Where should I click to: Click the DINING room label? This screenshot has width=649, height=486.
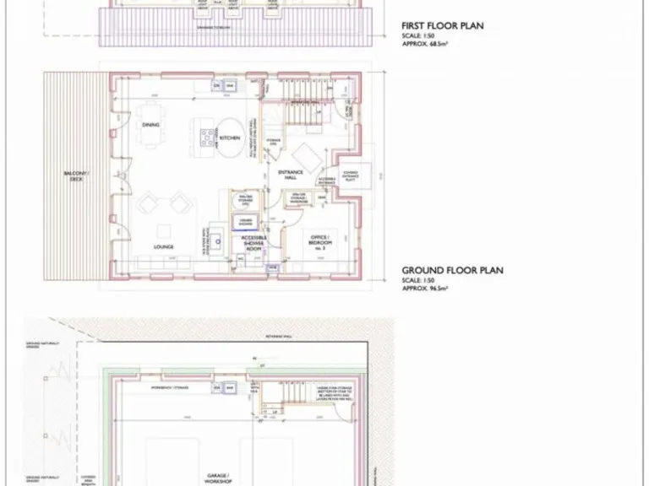tap(151, 126)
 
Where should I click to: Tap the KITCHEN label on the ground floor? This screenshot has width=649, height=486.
tap(230, 138)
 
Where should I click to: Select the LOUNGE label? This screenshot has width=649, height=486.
tap(163, 247)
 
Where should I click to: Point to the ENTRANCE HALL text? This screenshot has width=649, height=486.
tap(290, 175)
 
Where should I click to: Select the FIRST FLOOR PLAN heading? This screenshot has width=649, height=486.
tap(442, 26)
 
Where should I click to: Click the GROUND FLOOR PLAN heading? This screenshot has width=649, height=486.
tap(452, 271)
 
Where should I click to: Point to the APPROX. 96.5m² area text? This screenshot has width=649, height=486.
tap(425, 289)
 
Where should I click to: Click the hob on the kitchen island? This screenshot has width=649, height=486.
tap(205, 136)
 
